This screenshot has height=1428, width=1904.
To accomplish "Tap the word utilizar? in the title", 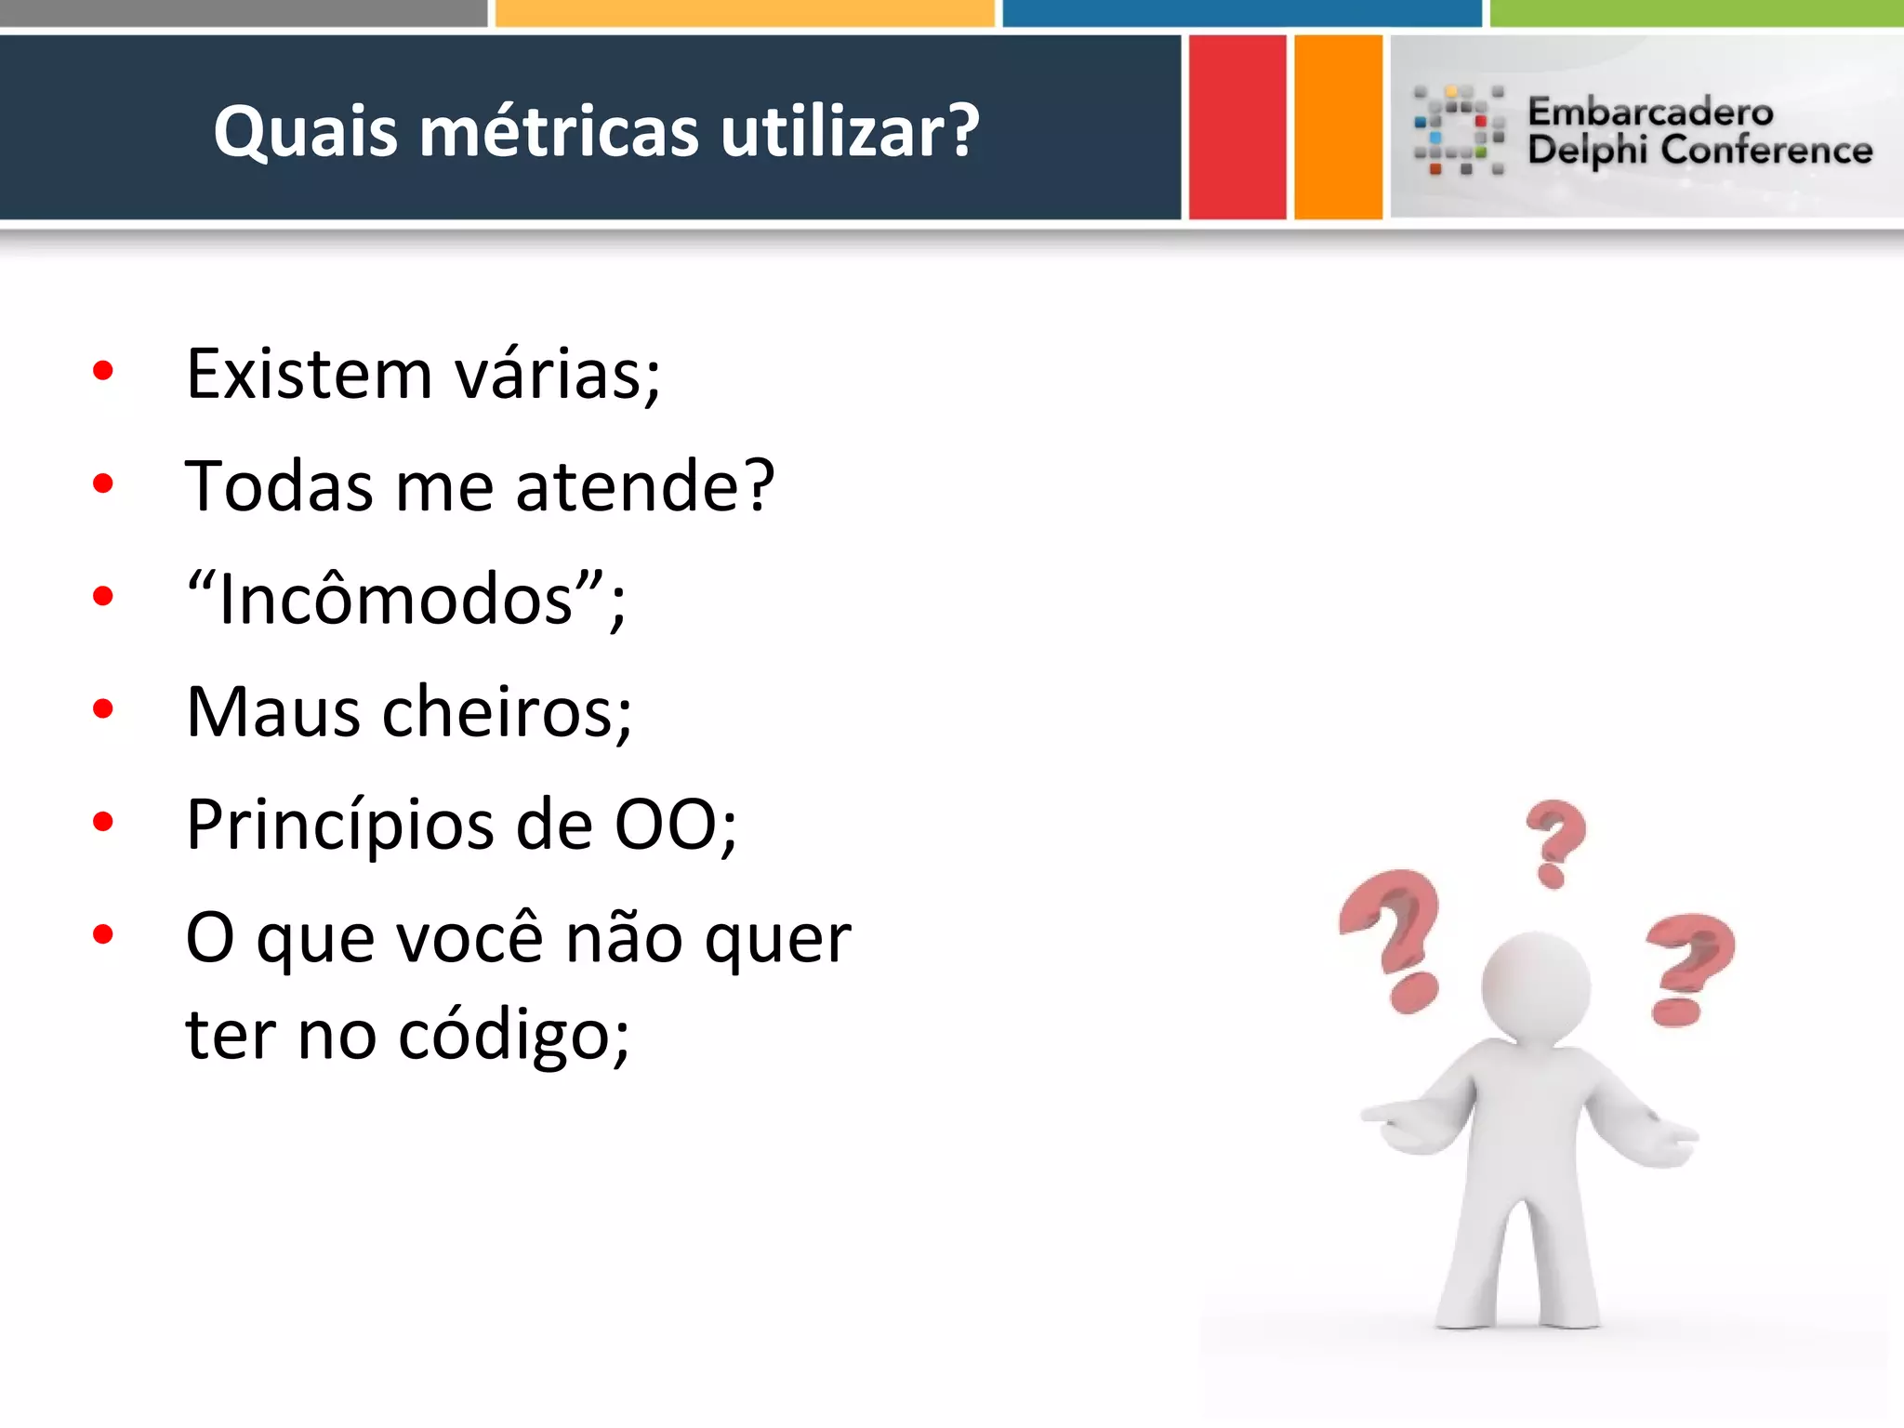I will point(850,131).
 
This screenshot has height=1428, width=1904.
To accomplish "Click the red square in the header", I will point(1237,127).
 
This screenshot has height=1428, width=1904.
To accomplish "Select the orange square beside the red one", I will point(1338,127).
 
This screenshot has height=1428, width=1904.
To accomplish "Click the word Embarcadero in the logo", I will point(1650,112).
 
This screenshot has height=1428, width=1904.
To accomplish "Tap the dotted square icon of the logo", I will point(1459,130).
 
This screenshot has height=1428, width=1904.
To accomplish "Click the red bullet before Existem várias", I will point(103,371).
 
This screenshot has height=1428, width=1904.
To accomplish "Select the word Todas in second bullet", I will point(279,486).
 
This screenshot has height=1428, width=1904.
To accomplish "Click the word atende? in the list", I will point(644,486).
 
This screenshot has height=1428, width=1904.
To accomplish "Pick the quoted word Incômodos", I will point(395,600).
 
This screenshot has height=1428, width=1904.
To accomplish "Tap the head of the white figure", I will point(1535,985).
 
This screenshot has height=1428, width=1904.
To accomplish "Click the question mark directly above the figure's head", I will point(1555,842).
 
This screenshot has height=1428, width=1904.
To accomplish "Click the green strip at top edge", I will point(1696,12).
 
